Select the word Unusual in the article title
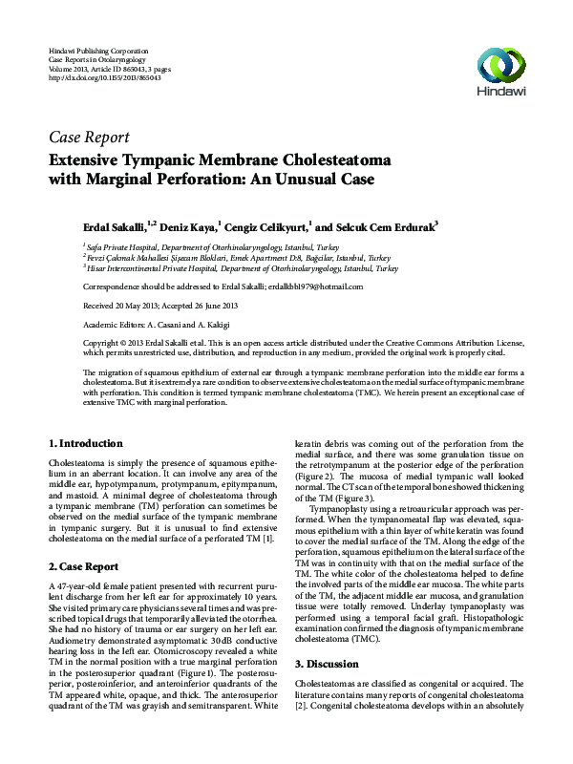(283, 178)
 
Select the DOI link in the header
(91, 76)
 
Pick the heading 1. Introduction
(85, 444)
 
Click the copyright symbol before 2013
(126, 341)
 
